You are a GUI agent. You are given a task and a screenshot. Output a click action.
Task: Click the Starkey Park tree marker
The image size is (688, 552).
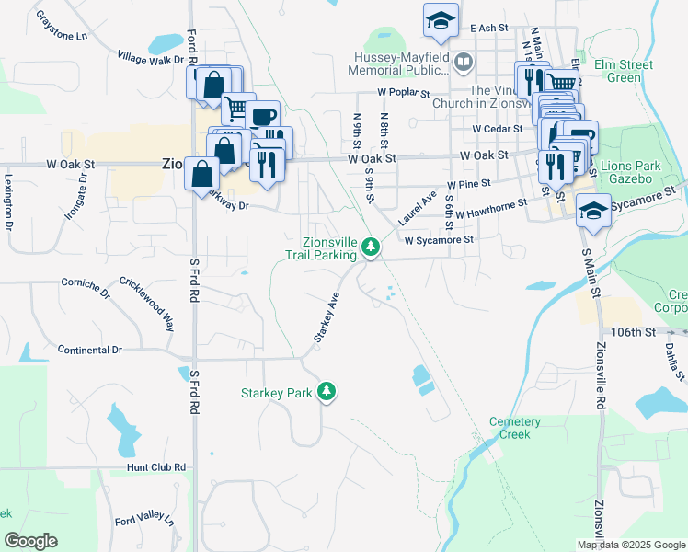click(x=326, y=393)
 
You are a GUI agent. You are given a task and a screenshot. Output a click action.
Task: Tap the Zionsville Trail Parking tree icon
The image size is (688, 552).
click(x=371, y=247)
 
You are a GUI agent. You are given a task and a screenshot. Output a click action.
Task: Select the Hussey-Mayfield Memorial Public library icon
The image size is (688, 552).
click(x=464, y=63)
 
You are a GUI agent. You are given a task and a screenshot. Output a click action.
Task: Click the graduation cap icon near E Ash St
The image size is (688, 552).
click(x=441, y=20)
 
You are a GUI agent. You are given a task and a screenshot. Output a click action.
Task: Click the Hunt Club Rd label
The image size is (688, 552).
click(x=156, y=467)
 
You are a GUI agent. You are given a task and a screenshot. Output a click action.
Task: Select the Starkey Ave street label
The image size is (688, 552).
click(x=327, y=318)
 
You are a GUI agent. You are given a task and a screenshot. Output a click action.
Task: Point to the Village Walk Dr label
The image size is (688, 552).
click(x=151, y=59)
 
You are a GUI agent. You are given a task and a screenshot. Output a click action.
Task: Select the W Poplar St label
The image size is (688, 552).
click(x=403, y=93)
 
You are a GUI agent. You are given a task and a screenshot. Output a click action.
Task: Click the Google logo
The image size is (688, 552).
click(x=30, y=541)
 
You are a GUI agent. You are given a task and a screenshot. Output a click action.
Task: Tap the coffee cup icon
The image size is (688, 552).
click(x=262, y=116)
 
